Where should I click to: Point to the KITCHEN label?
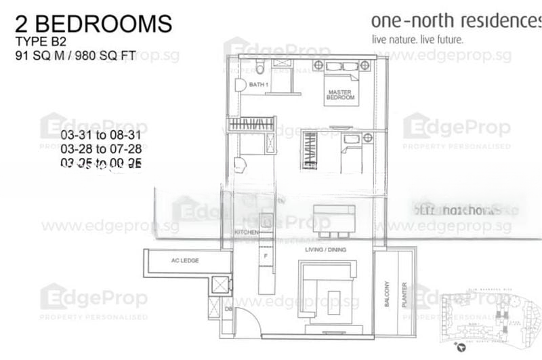click(x=247, y=233)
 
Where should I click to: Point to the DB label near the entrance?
click(x=228, y=310)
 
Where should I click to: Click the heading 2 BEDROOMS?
click(x=93, y=24)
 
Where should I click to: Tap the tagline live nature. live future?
click(x=417, y=39)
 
